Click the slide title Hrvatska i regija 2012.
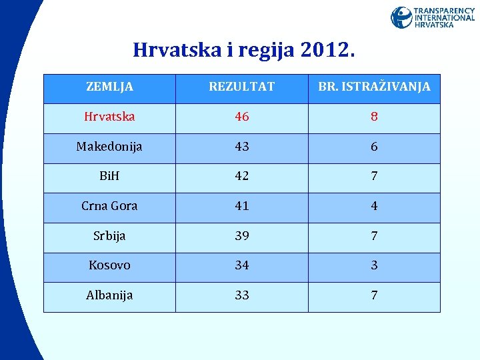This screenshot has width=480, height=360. [x=244, y=50]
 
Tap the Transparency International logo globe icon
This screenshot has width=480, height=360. [x=401, y=17]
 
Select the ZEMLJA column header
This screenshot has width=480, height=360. [x=110, y=87]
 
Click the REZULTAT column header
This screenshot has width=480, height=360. [x=241, y=87]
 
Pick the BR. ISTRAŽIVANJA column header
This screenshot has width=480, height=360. [x=374, y=87]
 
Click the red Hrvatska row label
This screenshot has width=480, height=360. [x=109, y=117]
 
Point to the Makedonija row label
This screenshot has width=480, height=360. [x=109, y=147]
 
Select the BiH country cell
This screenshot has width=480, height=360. [x=109, y=176]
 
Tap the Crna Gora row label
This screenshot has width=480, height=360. [x=109, y=206]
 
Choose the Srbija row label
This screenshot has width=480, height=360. [x=109, y=236]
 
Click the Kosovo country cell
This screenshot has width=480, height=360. [x=109, y=265]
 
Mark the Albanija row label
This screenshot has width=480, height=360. [x=109, y=295]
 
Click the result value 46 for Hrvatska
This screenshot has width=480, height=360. [x=241, y=117]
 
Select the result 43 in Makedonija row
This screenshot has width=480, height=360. [x=241, y=147]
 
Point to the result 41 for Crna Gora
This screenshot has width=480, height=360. [x=241, y=206]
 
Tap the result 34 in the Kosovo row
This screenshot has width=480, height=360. [x=241, y=265]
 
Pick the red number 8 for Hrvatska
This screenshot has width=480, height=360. [x=374, y=117]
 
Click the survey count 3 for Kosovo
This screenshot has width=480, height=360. [x=374, y=265]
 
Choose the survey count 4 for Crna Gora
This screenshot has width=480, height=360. [x=374, y=206]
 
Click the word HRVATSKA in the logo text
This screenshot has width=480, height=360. [x=434, y=25]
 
